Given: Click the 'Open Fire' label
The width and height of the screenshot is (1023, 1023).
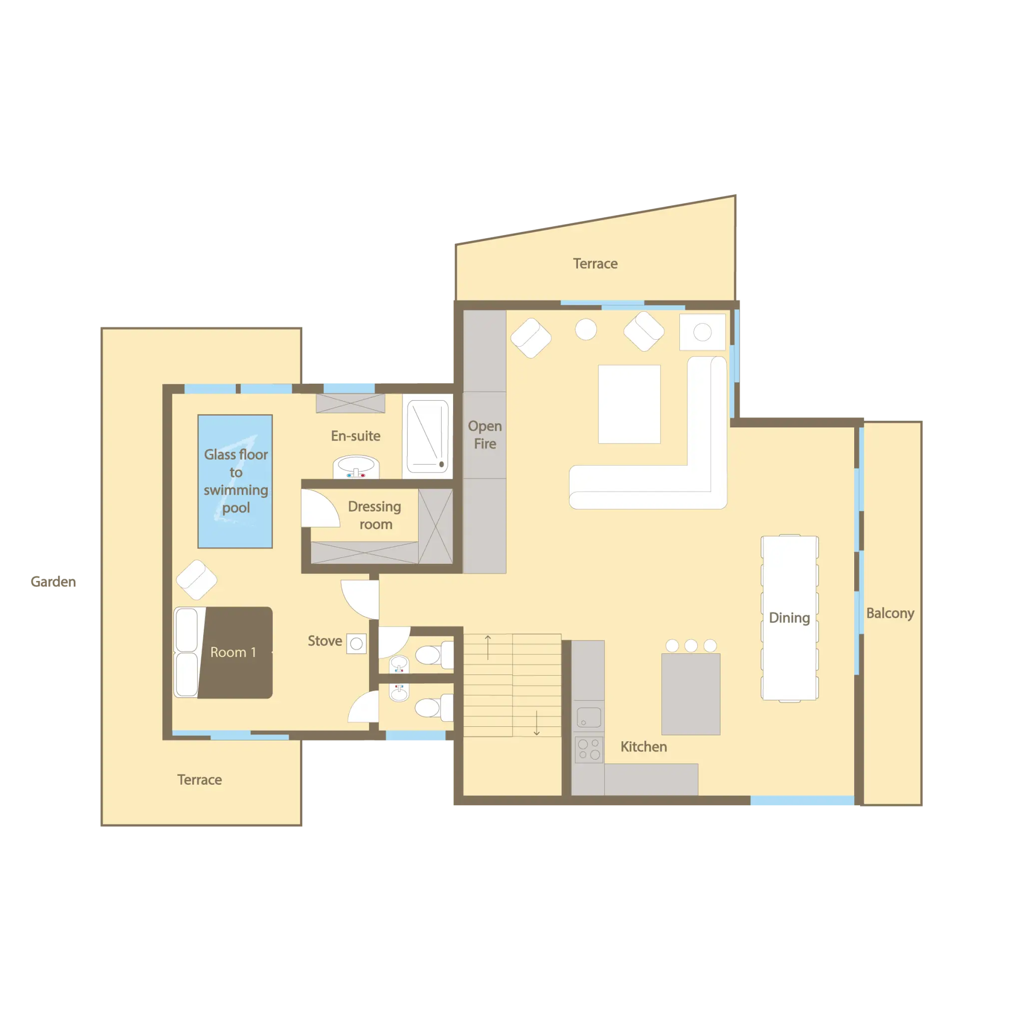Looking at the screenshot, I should coord(485,435).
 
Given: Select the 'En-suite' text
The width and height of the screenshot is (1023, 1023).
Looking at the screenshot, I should coord(355,436).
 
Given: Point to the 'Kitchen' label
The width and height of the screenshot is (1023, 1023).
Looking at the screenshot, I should coord(643,747).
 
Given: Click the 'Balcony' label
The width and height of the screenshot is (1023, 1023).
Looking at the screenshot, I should coord(890,613).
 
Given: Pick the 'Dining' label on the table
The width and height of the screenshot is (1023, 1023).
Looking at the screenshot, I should coord(789,618).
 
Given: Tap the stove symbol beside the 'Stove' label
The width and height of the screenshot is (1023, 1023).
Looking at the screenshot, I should coord(356,643).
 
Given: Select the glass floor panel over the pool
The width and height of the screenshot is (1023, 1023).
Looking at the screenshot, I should coord(235,481).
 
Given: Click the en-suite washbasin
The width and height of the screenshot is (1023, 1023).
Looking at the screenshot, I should coord(356,467).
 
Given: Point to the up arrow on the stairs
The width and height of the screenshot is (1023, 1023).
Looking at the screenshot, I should coord(488,646).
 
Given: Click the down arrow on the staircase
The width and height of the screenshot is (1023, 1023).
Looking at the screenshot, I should coord(536,723).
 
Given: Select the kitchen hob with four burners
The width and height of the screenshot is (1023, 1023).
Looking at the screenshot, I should coord(588,749).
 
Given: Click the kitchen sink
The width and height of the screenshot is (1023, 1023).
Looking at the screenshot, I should coord(588,718).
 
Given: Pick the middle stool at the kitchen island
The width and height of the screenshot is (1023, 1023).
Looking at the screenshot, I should coord(690,645).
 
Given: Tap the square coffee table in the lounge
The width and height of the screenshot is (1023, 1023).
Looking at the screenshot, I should coord(629,404).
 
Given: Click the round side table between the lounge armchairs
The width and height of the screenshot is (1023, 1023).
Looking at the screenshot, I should coord(585,329).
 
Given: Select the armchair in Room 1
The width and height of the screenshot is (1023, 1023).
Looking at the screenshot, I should coord(196,580).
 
